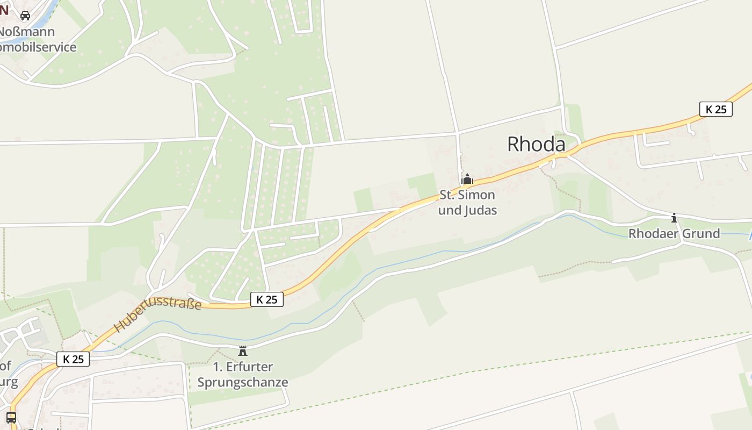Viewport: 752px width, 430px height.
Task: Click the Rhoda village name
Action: [536, 144]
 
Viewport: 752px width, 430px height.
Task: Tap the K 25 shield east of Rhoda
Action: [715, 109]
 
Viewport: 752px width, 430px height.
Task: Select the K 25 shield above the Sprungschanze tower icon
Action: [266, 299]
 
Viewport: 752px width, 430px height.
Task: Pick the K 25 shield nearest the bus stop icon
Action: [73, 359]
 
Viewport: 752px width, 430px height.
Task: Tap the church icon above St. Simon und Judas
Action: [467, 179]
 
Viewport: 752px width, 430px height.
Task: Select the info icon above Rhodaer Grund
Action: [674, 218]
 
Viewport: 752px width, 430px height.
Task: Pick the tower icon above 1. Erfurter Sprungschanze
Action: [243, 351]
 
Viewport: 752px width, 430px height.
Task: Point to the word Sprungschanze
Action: [243, 383]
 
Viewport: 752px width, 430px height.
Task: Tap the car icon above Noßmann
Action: [25, 15]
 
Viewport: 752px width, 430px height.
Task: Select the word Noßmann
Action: [27, 31]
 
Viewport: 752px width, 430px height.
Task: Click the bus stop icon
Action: [11, 417]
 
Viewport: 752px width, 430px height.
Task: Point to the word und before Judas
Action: [449, 210]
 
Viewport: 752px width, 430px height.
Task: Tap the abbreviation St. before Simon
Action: [446, 195]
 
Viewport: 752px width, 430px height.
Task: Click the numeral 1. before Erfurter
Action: [218, 367]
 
